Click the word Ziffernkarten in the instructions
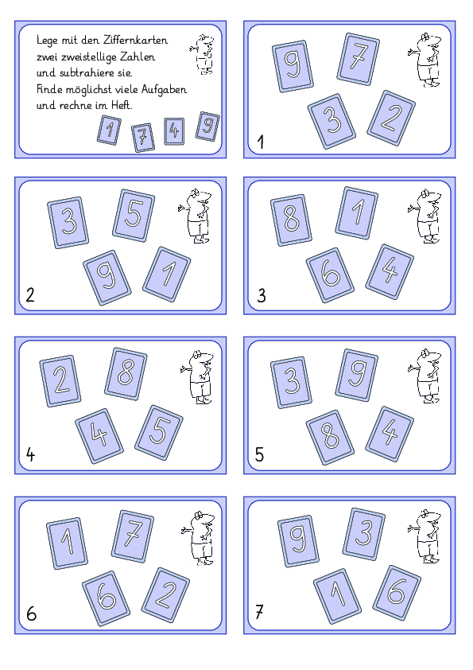point(136,40)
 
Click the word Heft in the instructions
point(122,105)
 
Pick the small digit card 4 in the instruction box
point(174,131)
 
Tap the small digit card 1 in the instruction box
point(109,130)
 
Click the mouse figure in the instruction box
point(202,55)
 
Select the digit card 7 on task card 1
point(359,59)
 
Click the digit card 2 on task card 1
point(391,118)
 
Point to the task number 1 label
point(261,142)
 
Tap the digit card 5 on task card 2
point(134,216)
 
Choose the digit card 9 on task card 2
point(107,278)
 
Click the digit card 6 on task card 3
point(330,275)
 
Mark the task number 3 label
point(262,296)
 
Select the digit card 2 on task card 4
point(60,380)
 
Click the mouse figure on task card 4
point(199,377)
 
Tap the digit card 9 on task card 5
point(357,375)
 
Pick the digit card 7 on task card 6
point(133,536)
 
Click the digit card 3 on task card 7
point(364,534)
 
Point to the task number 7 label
point(259,612)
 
